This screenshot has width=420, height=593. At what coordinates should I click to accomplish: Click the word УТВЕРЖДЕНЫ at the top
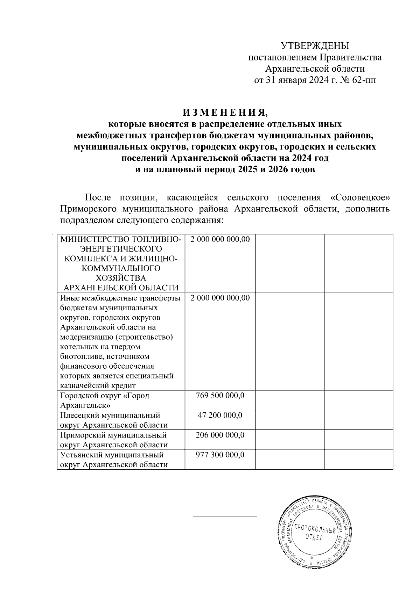315,46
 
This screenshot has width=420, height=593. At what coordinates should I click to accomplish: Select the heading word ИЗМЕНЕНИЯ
224,113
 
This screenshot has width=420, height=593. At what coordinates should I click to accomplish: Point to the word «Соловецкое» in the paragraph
360,198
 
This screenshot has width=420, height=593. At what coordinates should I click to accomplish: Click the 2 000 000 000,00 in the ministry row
220,239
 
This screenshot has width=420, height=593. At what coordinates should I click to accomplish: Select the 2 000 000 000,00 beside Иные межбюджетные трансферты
220,298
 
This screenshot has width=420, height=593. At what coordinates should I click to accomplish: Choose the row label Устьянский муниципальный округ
112,455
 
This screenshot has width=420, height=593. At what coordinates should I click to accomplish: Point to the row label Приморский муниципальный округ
113,435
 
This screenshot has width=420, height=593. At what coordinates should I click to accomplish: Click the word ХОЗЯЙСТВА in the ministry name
121,278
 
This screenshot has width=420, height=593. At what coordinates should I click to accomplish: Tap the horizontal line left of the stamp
225,516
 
